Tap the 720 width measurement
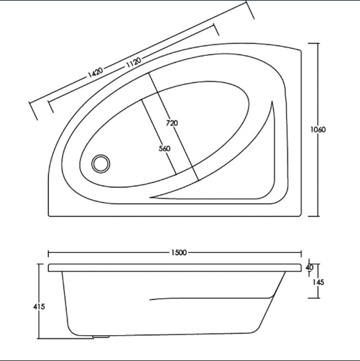click(172, 123)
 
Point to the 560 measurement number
click(164, 148)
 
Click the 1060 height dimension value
click(320, 130)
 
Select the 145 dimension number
click(319, 282)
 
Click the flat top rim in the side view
click(174, 267)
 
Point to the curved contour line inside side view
click(209, 298)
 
